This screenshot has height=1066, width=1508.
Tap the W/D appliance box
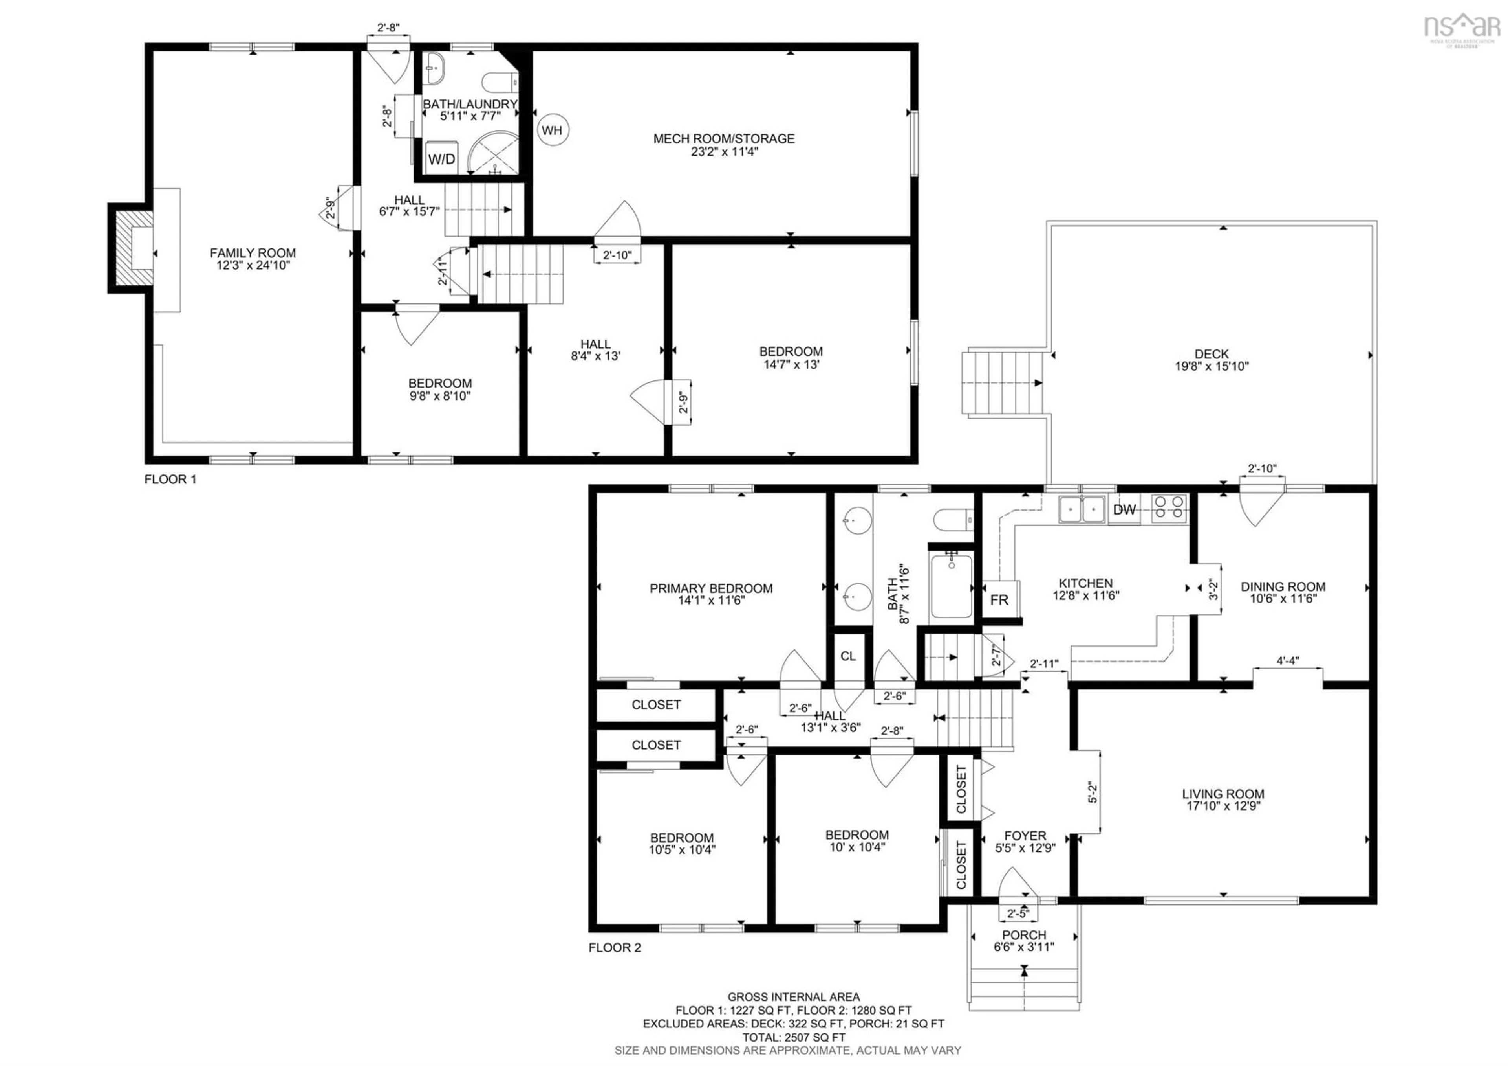click(441, 159)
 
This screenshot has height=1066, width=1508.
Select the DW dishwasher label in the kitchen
click(1124, 509)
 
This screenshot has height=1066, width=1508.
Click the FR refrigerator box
click(999, 599)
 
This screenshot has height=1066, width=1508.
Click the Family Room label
click(253, 253)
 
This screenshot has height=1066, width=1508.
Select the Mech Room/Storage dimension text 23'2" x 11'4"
click(724, 152)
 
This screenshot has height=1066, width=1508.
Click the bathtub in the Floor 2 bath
click(951, 586)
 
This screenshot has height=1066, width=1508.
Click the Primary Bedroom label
click(711, 588)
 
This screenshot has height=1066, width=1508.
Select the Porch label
click(1024, 935)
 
